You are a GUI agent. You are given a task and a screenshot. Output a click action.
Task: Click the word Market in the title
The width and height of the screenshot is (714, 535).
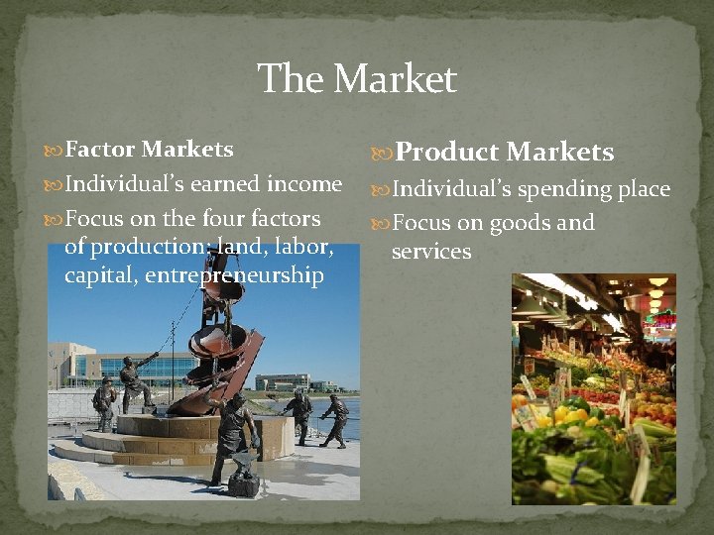pos(398,79)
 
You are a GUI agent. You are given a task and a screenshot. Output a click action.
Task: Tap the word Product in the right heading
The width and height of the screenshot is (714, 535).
pos(447,152)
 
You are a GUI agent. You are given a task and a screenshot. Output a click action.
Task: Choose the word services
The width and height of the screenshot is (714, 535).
pos(431,252)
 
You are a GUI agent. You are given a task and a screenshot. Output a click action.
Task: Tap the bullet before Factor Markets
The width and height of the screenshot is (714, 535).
pos(55,151)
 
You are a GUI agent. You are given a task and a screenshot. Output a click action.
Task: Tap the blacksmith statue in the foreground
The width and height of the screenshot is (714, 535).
pos(235,436)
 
